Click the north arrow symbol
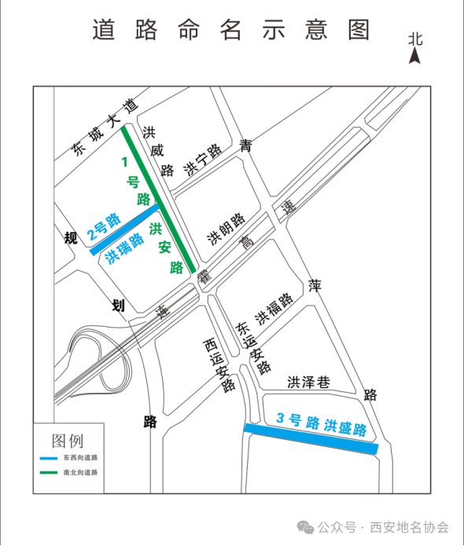(414, 56)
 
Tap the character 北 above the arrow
(415, 39)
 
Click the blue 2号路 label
(104, 227)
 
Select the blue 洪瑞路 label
(124, 248)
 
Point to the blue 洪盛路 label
(345, 427)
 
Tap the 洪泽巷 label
(308, 383)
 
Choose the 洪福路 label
(274, 309)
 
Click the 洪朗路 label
(226, 229)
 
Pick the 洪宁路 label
(203, 159)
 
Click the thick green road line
(159, 200)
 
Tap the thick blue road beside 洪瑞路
(124, 230)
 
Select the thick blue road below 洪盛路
(311, 438)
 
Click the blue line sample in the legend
(49, 458)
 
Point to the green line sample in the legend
(49, 472)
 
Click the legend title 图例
(68, 441)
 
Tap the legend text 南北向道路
(80, 472)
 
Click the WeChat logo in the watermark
(305, 527)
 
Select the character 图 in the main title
(359, 30)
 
